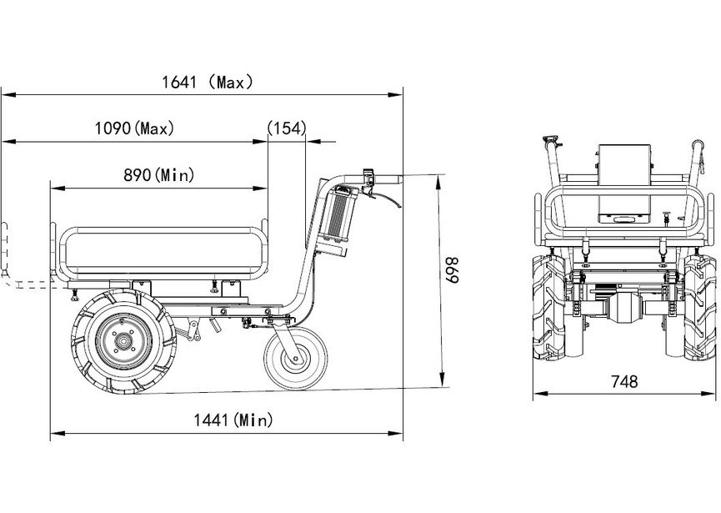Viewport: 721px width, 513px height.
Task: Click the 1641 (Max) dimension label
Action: click(208, 83)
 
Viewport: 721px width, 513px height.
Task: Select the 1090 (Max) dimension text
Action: click(135, 128)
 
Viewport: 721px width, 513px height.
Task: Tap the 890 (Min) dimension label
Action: click(159, 175)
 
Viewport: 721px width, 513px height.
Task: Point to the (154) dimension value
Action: click(287, 128)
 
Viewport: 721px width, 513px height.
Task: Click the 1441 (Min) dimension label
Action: click(233, 420)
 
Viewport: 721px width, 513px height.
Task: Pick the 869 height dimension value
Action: click(452, 270)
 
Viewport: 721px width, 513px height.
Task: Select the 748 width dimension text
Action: click(624, 381)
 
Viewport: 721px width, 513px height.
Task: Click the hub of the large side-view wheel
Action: click(123, 341)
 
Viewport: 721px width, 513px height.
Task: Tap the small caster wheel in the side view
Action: click(296, 358)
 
